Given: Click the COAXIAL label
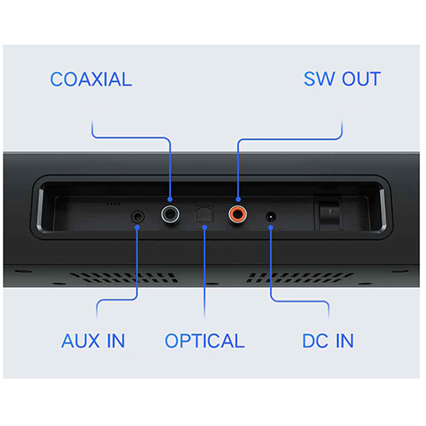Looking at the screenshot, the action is pyautogui.click(x=91, y=79).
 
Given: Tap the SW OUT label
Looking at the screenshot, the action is pyautogui.click(x=342, y=78).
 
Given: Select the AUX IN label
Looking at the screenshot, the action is pyautogui.click(x=93, y=341).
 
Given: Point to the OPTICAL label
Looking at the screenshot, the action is pyautogui.click(x=204, y=341).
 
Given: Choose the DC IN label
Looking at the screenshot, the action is pyautogui.click(x=328, y=341).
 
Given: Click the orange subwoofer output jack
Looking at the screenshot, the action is pyautogui.click(x=238, y=214).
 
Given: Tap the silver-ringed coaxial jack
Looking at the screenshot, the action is pyautogui.click(x=170, y=214).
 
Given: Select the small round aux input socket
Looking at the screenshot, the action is pyautogui.click(x=138, y=217).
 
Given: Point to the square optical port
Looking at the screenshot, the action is pyautogui.click(x=204, y=214).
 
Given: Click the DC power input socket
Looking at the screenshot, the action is pyautogui.click(x=271, y=217).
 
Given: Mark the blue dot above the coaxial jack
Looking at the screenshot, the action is pyautogui.click(x=170, y=199).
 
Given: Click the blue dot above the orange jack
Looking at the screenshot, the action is pyautogui.click(x=238, y=199).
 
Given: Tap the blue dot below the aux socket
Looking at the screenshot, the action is pyautogui.click(x=137, y=227).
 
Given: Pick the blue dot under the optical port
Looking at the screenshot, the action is pyautogui.click(x=204, y=227).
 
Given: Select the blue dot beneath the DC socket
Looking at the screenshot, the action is pyautogui.click(x=271, y=227).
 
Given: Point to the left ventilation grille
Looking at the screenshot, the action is pyautogui.click(x=124, y=278).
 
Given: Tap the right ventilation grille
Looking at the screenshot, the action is pyautogui.click(x=300, y=278).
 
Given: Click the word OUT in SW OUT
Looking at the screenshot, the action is pyautogui.click(x=361, y=78).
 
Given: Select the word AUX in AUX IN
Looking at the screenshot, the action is pyautogui.click(x=81, y=341).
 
